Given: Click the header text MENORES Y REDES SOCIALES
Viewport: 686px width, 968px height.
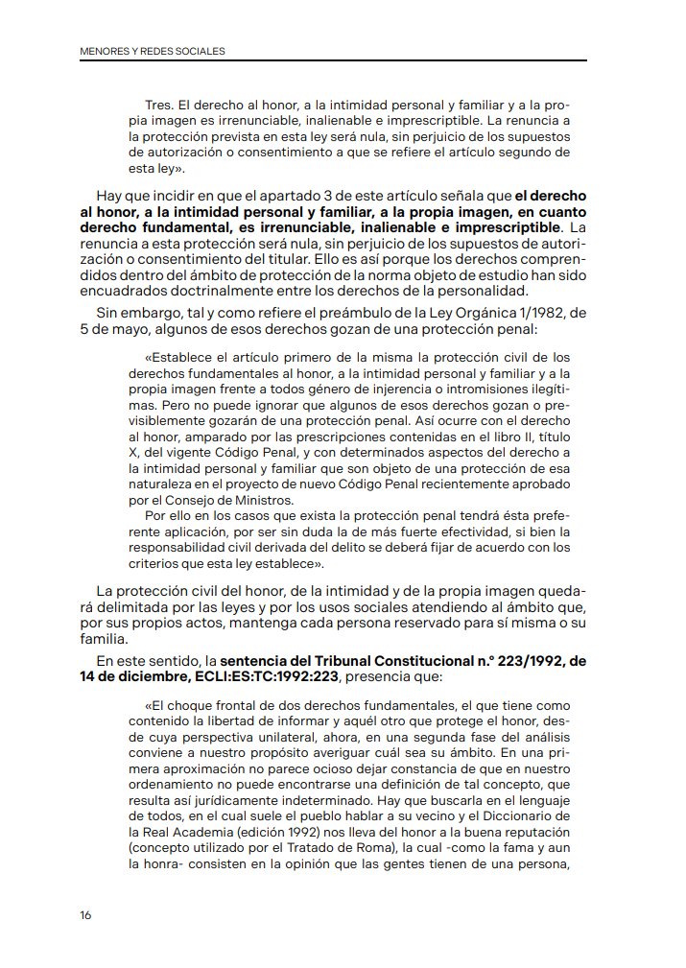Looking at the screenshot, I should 152,51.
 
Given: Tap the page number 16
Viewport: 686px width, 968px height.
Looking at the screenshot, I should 86,915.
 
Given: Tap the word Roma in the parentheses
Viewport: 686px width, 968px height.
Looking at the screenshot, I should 355,849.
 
